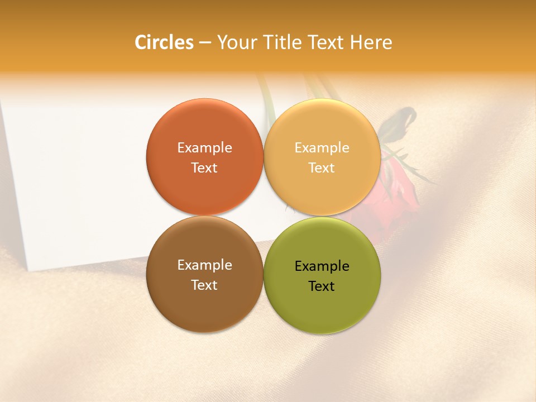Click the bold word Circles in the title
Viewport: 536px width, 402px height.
point(164,42)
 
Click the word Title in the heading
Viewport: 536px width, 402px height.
point(282,42)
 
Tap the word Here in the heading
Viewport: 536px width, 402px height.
point(371,42)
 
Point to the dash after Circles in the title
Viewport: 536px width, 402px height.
point(205,43)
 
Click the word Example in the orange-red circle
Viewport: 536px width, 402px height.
point(204,148)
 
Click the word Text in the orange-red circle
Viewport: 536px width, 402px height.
point(204,168)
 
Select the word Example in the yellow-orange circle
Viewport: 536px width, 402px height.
point(322,148)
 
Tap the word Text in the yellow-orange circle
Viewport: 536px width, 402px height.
point(322,168)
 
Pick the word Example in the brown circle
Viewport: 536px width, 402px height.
point(204,265)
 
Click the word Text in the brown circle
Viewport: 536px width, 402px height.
point(204,285)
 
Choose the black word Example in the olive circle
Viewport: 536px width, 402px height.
point(322,266)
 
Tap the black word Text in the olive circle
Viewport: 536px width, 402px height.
point(322,286)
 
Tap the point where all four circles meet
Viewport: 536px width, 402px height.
point(264,216)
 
